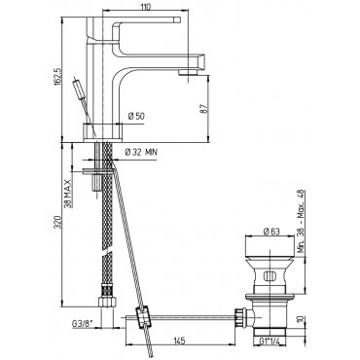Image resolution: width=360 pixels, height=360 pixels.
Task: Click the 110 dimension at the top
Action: tap(146, 8)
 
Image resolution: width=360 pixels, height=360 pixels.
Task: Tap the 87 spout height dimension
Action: tap(204, 108)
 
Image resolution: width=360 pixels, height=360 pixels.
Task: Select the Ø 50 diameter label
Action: tap(136, 116)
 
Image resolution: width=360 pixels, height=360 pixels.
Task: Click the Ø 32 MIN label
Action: tap(141, 152)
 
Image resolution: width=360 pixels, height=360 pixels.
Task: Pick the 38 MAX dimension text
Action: tap(67, 193)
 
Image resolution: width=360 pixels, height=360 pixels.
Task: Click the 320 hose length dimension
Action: tap(57, 222)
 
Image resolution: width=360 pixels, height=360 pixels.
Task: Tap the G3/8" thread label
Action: tap(83, 324)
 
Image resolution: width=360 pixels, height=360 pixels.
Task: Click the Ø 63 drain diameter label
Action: tap(271, 232)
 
